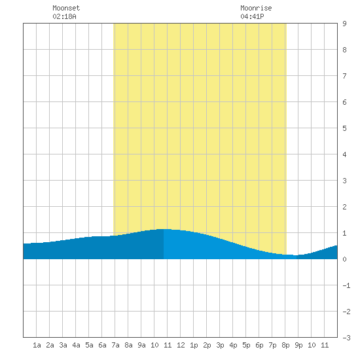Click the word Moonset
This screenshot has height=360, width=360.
(66, 8)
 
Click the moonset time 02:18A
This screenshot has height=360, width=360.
(64, 16)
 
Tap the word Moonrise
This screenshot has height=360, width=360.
(256, 8)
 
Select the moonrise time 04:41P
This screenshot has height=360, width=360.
(252, 16)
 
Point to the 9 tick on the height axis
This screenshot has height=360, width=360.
(344, 24)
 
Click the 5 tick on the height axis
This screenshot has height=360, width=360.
(344, 128)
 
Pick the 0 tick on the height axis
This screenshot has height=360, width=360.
(344, 259)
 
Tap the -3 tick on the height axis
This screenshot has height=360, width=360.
(346, 338)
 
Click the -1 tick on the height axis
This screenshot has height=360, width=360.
(346, 285)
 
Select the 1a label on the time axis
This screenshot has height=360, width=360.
(37, 345)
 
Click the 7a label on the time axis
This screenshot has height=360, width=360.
(115, 345)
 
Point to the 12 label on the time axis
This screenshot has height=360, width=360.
(181, 345)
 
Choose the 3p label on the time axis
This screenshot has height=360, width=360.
(220, 345)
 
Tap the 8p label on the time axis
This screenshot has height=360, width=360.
(285, 345)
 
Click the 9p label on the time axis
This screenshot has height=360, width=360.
(298, 345)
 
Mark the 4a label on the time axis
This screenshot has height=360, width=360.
(76, 345)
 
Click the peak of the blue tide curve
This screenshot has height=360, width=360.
(164, 229)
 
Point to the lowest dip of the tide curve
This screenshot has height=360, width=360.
(296, 255)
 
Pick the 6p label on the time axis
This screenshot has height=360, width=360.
(259, 345)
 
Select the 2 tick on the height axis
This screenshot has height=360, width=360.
(344, 207)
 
